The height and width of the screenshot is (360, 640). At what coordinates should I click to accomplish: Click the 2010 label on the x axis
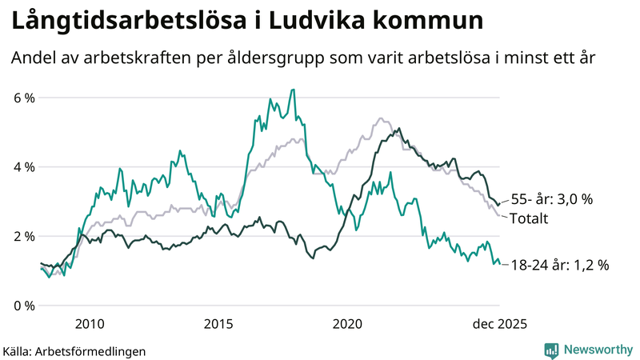89,323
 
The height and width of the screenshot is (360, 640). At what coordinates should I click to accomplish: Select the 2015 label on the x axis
218,323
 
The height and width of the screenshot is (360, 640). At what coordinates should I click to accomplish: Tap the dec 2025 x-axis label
499,323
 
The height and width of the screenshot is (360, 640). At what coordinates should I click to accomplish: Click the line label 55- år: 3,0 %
551,200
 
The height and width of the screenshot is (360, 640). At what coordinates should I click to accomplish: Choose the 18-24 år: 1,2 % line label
559,265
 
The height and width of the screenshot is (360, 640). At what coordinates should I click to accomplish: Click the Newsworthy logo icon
552,350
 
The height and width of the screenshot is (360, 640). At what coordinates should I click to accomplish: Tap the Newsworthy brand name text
599,350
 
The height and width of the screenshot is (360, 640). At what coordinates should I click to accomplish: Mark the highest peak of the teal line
294,90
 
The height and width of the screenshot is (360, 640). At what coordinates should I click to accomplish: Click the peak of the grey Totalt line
380,119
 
